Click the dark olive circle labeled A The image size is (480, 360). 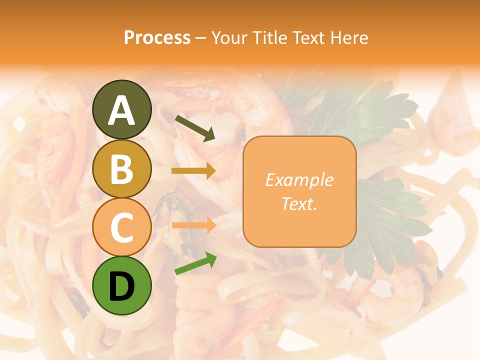coord(122,110)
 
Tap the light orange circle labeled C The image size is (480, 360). coord(122,227)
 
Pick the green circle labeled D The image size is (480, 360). coord(122,285)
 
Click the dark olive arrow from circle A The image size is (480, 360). coord(195,128)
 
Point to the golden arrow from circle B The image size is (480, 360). coord(193,171)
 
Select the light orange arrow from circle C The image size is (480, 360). coord(193,225)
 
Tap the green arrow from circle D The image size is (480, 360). coord(195,263)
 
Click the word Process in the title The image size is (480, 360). coord(157,37)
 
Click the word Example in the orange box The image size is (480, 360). coord(299,180)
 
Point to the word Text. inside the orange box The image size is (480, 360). coord(299,203)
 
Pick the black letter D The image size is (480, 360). coord(122,286)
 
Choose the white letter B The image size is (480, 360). coord(122,169)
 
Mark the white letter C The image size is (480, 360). coord(122,227)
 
